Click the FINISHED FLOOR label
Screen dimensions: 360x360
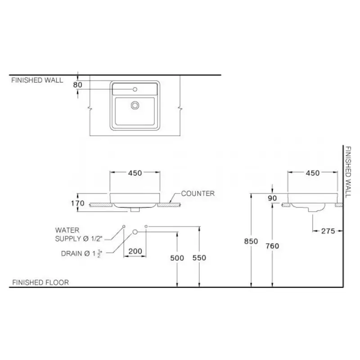pos(40,283)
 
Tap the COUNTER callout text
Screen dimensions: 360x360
pos(198,193)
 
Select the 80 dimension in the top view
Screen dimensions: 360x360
pos(77,85)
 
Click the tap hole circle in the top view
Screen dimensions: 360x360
pos(135,89)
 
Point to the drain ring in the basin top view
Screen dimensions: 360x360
pos(135,105)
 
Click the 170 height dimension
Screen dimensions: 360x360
pos(77,203)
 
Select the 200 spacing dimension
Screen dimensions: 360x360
pos(135,251)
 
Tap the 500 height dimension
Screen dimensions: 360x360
pos(177,258)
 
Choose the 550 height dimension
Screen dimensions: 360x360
pos(199,257)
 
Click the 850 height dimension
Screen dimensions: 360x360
pos(251,241)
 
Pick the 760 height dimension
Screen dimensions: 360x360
pos(272,246)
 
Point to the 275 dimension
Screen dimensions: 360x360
pos(328,231)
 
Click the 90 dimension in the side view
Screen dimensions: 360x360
pos(272,198)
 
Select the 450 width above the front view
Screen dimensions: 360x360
pos(135,173)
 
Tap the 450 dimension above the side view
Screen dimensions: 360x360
pos(313,173)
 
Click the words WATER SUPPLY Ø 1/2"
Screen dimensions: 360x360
pos(79,234)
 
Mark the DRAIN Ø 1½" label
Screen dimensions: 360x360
pos(81,253)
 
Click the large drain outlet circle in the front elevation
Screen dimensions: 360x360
pos(135,232)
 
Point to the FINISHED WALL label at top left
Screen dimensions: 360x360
pos(37,80)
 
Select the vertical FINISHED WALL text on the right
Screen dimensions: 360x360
pos(348,172)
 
